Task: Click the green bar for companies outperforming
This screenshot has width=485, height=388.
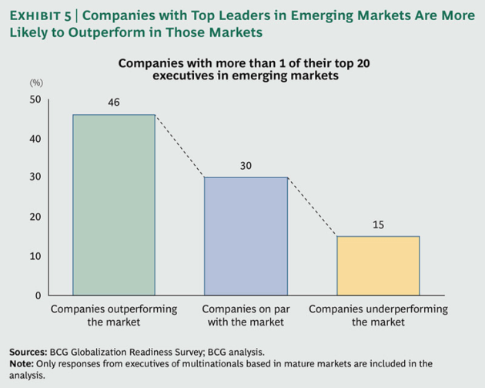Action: (x=114, y=204)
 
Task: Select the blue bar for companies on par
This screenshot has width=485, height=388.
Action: (x=246, y=236)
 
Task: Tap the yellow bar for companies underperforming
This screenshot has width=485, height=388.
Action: (x=378, y=265)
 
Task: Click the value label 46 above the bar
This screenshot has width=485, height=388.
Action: (x=114, y=102)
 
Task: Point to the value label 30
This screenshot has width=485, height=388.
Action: (x=246, y=165)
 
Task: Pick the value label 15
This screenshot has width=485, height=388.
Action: (x=378, y=224)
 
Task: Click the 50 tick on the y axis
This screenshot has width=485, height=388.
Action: (x=35, y=100)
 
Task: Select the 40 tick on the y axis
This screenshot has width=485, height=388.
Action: (x=35, y=139)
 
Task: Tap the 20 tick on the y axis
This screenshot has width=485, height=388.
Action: (x=35, y=217)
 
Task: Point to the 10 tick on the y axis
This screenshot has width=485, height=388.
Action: (x=35, y=256)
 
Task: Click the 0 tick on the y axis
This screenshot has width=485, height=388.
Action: (x=38, y=295)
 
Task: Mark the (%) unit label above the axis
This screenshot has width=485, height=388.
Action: (x=35, y=82)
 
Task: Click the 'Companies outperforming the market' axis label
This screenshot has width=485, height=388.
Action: (x=114, y=315)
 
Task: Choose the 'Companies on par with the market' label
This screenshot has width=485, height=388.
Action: (x=246, y=315)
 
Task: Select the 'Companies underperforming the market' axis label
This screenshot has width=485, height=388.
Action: (x=378, y=315)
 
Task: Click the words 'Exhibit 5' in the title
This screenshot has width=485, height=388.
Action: (x=38, y=14)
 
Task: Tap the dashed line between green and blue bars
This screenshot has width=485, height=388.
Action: (x=179, y=147)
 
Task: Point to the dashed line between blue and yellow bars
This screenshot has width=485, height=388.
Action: (x=312, y=207)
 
